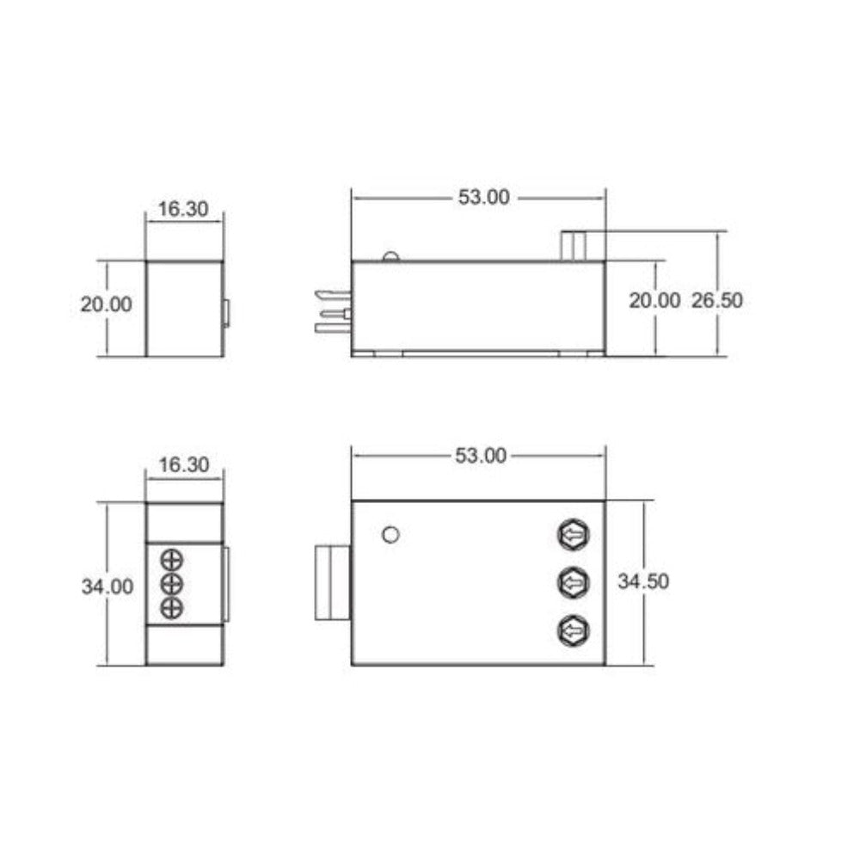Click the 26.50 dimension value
[x=717, y=300]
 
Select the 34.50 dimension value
[x=643, y=581]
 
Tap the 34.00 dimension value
[x=107, y=587]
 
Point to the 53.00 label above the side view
[x=482, y=197]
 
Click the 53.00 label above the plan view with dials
[x=481, y=456]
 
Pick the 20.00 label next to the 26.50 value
[x=654, y=300]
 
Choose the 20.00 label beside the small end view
[x=107, y=304]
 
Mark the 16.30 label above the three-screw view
[x=183, y=465]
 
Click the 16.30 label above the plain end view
[x=183, y=209]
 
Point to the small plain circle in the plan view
[x=390, y=535]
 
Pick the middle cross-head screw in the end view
[x=172, y=585]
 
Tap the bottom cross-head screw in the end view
[x=172, y=609]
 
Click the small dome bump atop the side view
[x=390, y=256]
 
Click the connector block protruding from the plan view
[x=333, y=582]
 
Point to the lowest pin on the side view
[x=333, y=328]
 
